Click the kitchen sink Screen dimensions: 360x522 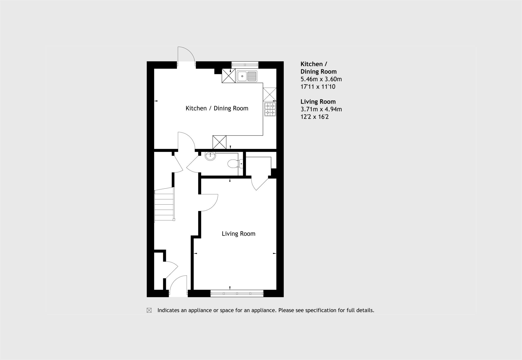pos(247,76)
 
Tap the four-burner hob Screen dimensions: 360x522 pos(270,109)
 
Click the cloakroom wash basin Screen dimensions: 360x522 pos(210,156)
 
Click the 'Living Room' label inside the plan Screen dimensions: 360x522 pos(238,234)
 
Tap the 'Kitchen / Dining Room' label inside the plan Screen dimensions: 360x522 pos(217,108)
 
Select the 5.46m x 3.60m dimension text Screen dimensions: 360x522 pos(321,79)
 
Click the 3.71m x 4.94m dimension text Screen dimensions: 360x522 pos(321,109)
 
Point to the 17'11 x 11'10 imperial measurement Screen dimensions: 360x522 pos(318,87)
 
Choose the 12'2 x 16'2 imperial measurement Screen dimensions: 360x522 pos(315,117)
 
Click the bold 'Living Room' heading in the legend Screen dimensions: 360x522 pos(318,102)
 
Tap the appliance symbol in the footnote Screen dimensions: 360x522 pos(149,310)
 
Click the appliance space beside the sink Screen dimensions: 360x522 pos(228,76)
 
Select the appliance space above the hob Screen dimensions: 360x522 pos(269,94)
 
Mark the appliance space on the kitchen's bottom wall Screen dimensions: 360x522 pos(219,142)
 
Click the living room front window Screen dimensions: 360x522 pos(237,294)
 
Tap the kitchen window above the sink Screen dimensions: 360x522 pos(245,65)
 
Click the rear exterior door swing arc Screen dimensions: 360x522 pos(186,55)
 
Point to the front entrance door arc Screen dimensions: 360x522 pos(178,286)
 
